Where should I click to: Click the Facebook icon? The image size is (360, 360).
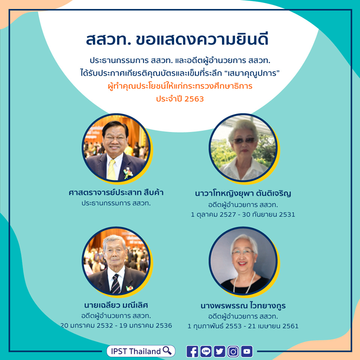pyautogui.click(x=192, y=351)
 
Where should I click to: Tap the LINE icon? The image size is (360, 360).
pyautogui.click(x=206, y=351)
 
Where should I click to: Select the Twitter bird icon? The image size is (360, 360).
pyautogui.click(x=219, y=351)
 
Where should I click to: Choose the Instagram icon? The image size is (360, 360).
pyautogui.click(x=233, y=351)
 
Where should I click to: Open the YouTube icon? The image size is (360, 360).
pyautogui.click(x=247, y=351)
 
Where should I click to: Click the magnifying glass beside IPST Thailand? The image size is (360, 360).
pyautogui.click(x=167, y=350)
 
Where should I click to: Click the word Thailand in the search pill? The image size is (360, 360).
pyautogui.click(x=145, y=351)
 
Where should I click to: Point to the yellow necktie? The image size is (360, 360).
pyautogui.click(x=112, y=170)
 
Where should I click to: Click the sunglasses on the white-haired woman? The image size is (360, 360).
pyautogui.click(x=244, y=141)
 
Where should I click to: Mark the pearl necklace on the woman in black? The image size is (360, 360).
pyautogui.click(x=244, y=282)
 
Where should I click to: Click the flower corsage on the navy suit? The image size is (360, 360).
pyautogui.click(x=127, y=173)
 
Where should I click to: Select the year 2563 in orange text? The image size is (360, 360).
pyautogui.click(x=194, y=99)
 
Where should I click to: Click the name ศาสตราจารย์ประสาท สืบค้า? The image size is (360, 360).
pyautogui.click(x=116, y=192)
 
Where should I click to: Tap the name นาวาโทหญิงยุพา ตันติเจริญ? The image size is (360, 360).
pyautogui.click(x=243, y=193)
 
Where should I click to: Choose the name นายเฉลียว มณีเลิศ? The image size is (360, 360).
pyautogui.click(x=116, y=305)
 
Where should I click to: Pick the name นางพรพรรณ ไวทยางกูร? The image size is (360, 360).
pyautogui.click(x=243, y=306)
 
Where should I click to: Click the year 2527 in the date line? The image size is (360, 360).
pyautogui.click(x=228, y=214)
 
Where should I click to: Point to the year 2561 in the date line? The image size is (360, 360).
pyautogui.click(x=290, y=326)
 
